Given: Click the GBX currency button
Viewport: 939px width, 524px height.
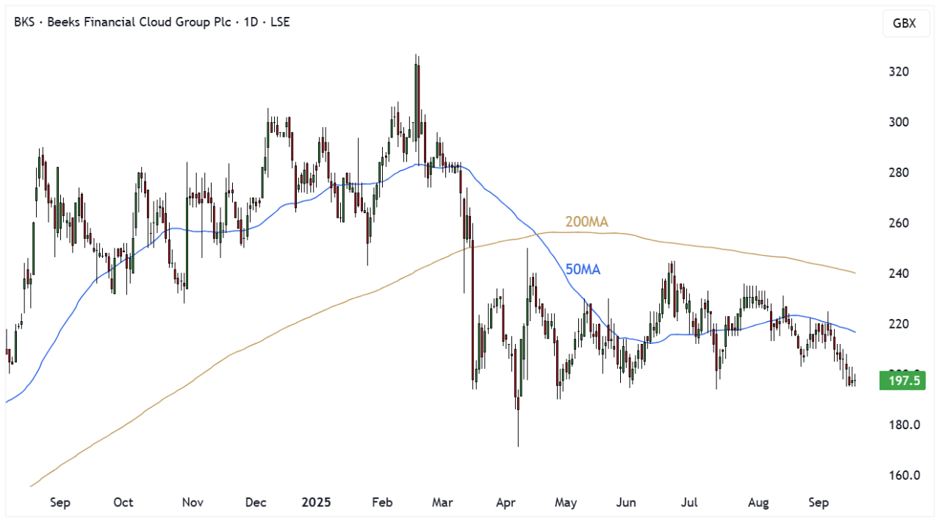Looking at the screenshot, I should pos(904,23).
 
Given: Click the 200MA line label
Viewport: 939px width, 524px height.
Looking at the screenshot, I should pos(586,222).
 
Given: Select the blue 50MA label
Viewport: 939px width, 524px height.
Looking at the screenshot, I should pos(583,270).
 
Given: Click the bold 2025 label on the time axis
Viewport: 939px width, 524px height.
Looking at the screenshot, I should pos(317,503).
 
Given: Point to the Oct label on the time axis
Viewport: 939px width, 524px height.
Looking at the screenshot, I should pos(123,503).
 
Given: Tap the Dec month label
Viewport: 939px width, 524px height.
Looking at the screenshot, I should pos(255,503).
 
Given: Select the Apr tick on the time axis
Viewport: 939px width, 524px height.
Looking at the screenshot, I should pos(505,503).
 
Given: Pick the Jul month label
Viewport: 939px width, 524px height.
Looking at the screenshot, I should pos(689,503).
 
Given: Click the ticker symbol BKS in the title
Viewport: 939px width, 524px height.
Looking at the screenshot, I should pos(25,22).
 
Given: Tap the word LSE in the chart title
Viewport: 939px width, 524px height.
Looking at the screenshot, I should pos(279,22).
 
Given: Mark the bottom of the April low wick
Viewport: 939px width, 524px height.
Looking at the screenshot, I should pos(518,446).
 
